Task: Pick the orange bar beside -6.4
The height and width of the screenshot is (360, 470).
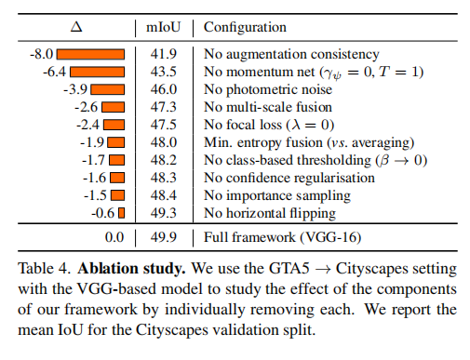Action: tap(101, 73)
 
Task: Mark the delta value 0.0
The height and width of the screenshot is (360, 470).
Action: tap(114, 237)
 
